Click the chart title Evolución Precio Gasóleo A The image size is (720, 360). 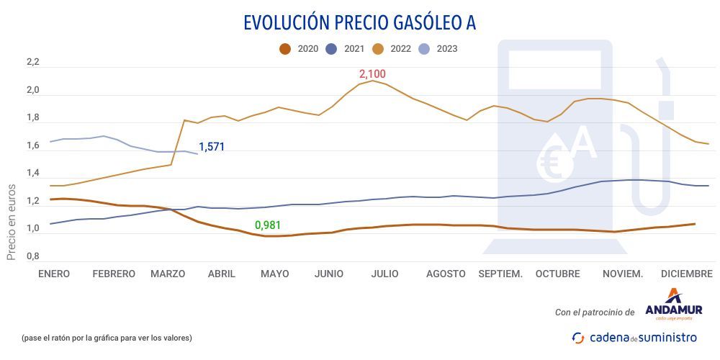click(x=359, y=22)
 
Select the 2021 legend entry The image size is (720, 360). click(x=346, y=49)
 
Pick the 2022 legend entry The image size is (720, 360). click(x=392, y=49)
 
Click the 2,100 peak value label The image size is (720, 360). click(x=373, y=74)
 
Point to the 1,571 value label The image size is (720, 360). click(x=212, y=147)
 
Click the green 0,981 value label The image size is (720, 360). click(x=268, y=225)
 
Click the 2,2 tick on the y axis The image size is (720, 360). click(x=32, y=63)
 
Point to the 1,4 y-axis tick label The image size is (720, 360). click(x=32, y=174)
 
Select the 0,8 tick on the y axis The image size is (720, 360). click(x=32, y=256)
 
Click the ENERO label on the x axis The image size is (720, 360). click(x=54, y=274)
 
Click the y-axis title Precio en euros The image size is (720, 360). click(x=12, y=221)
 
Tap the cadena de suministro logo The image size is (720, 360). click(x=634, y=337)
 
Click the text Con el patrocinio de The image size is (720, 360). click(x=595, y=312)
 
